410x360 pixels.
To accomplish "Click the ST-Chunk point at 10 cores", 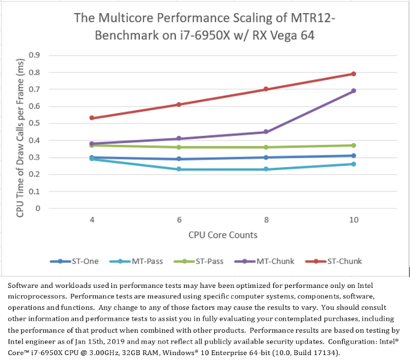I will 354,74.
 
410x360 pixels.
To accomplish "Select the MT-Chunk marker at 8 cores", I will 266,132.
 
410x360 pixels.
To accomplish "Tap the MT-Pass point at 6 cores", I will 179,169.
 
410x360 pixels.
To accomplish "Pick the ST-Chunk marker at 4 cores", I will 92,118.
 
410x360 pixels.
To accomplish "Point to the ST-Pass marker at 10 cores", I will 354,145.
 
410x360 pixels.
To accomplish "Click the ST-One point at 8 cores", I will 266,157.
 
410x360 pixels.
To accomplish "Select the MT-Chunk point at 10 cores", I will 354,91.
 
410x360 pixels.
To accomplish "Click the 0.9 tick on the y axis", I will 34,55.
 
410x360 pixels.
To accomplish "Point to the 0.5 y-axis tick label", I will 34,123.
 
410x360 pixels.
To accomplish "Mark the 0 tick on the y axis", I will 38,209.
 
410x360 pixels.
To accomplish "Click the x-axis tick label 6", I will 179,220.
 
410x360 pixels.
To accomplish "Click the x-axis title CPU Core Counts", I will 223,235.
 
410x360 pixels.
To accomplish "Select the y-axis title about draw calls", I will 20,132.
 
